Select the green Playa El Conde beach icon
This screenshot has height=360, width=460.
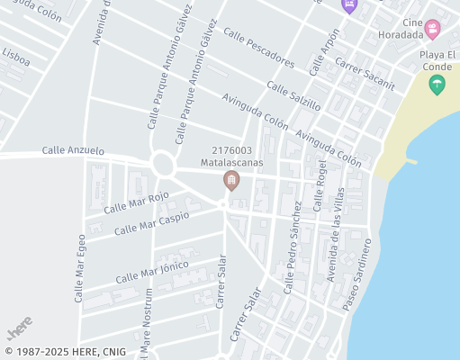pos(437,85)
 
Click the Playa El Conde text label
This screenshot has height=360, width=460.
pos(439,61)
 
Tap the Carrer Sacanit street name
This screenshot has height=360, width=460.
pos(364,73)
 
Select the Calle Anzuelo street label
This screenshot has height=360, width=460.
pos(73,151)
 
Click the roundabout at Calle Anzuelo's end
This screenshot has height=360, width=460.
pos(163,164)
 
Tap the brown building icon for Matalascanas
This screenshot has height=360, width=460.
pos(231,183)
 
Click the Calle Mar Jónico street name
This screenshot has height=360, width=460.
pos(151,267)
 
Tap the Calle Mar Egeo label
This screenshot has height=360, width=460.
pos(79,267)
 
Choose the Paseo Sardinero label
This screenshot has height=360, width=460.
pos(357,275)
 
